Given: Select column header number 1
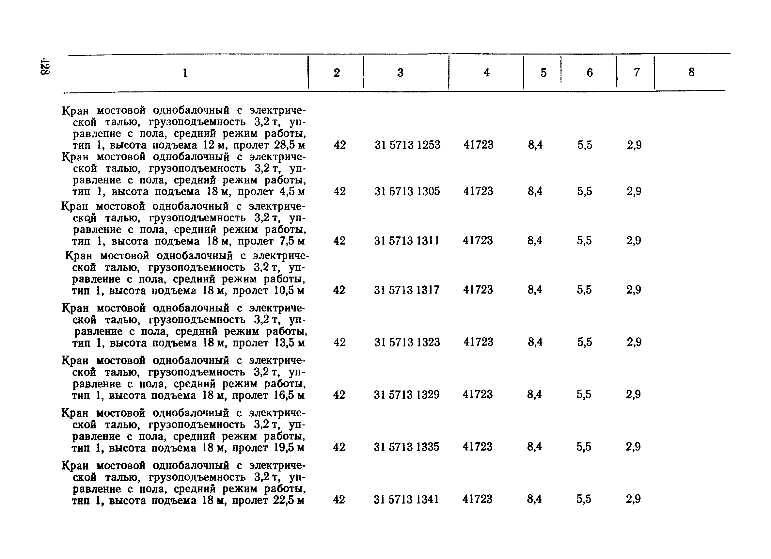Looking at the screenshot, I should pos(185,73).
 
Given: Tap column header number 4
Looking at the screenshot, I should pos(486,72).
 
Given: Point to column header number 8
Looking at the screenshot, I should pos(691,72).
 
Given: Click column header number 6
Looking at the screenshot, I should pos(590,72).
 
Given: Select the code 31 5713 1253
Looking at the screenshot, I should pos(407,145).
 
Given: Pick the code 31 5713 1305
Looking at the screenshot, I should pos(407,191).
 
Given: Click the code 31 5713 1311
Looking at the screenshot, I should pos(407,241).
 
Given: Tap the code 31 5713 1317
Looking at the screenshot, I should pos(407,290).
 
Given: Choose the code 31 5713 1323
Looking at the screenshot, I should pos(407,342).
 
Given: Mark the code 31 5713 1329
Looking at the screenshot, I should pos(407,395).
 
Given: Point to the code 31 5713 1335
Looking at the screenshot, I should pos(407,447).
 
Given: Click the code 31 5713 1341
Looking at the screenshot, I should pos(406,500).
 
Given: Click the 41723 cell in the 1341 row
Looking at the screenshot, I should pos(477,499).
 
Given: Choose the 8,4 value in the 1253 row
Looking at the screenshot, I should pos(535,145).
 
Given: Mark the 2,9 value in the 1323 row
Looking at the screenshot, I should pos(634,342).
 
